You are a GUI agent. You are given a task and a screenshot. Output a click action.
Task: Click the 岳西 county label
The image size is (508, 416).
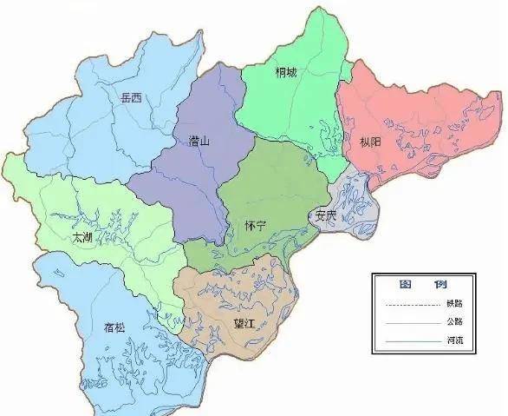(131, 100)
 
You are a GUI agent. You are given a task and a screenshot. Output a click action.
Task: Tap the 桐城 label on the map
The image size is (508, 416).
(287, 73)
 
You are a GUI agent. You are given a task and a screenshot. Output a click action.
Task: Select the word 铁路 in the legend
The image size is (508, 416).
(455, 303)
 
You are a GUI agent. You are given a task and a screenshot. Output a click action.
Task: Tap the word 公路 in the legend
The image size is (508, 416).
(455, 323)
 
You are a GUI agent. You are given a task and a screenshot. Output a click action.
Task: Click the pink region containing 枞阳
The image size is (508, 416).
(416, 113)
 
